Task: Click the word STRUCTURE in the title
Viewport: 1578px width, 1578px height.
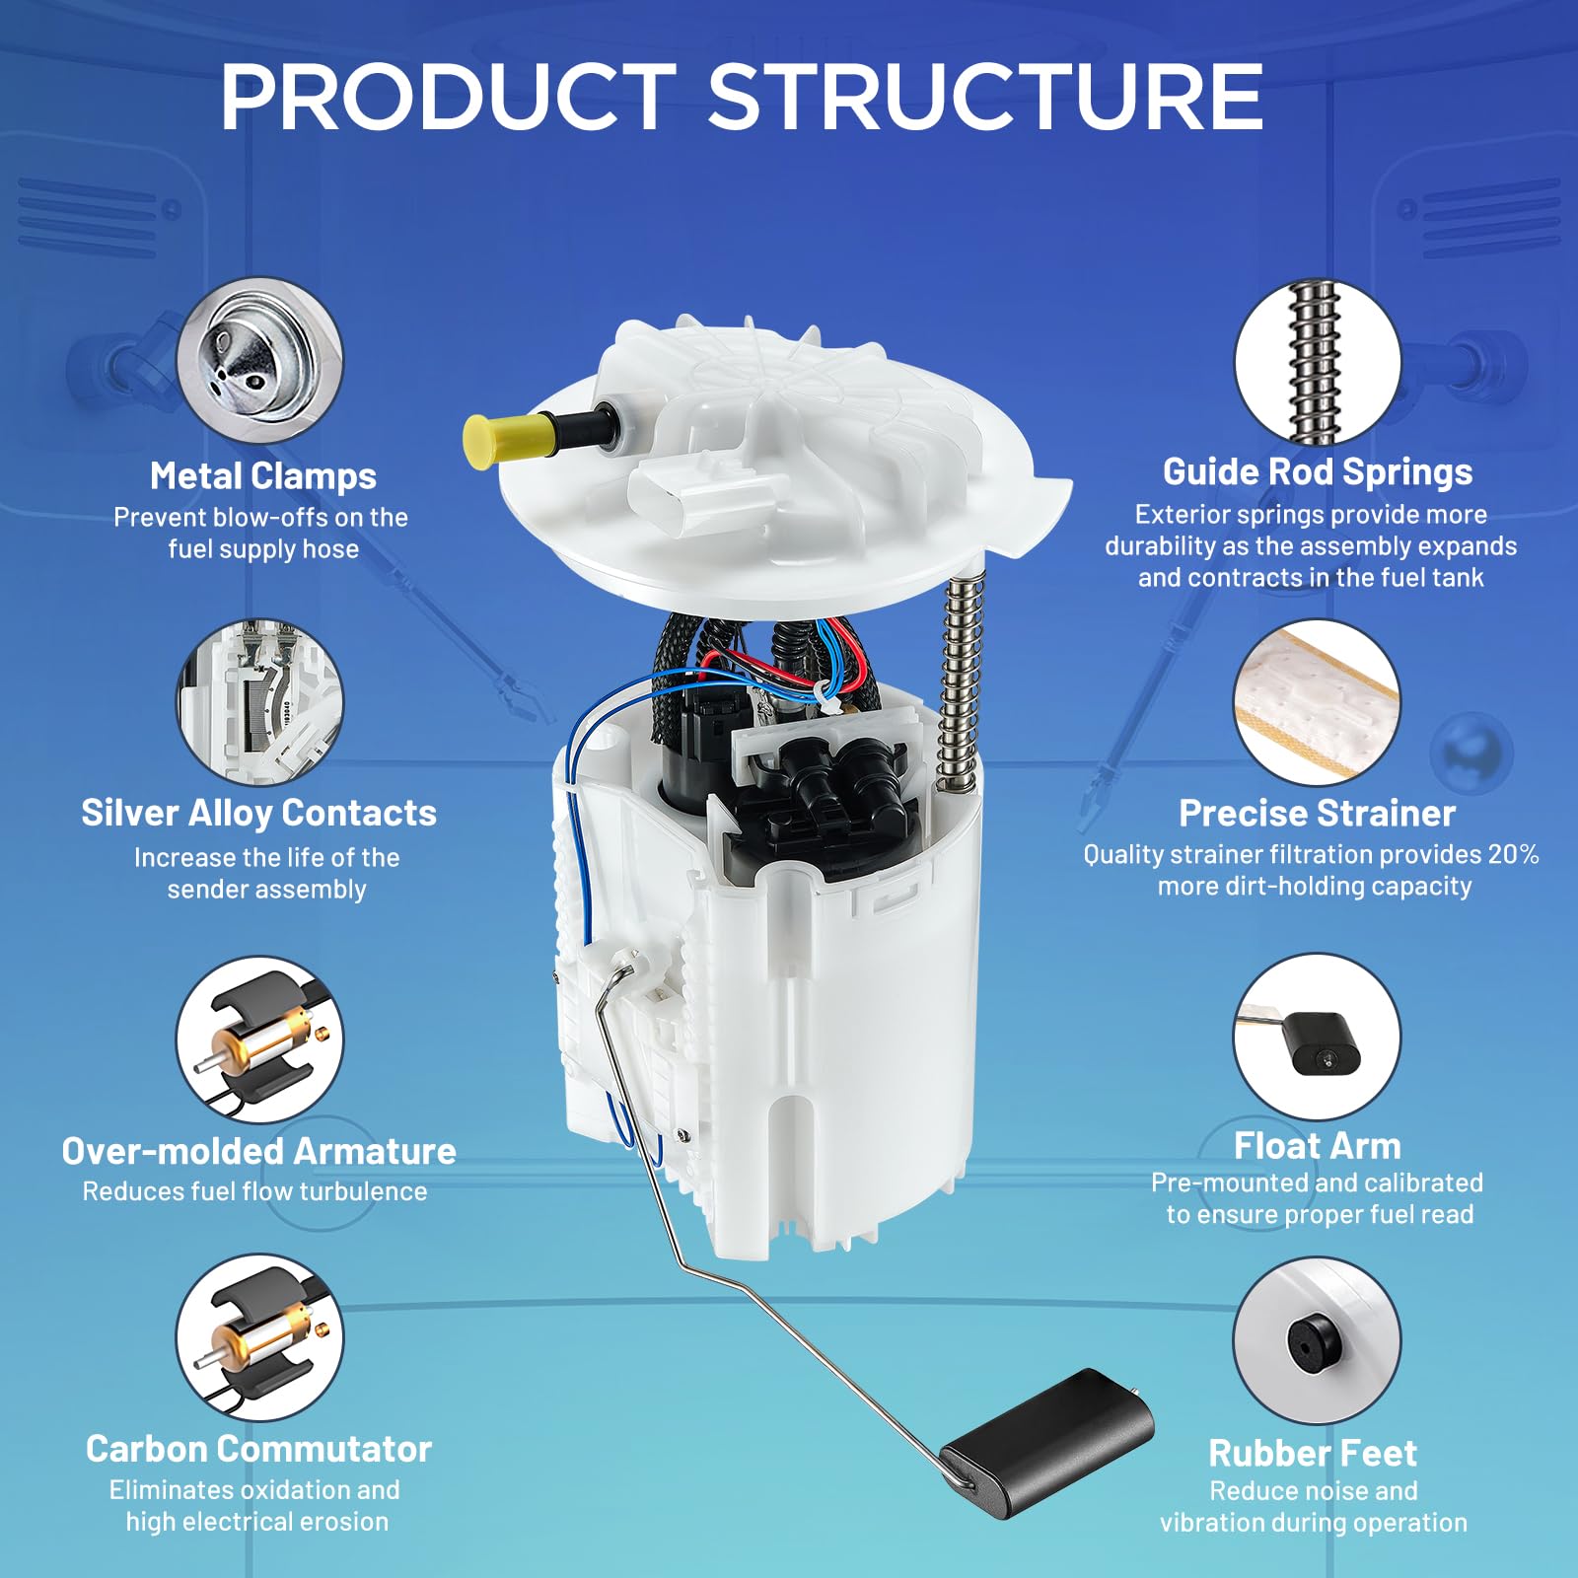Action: (985, 97)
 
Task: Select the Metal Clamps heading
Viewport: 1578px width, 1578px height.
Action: (263, 476)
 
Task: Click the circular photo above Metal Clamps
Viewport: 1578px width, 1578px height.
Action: (260, 360)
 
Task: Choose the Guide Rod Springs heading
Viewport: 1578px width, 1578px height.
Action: (1318, 472)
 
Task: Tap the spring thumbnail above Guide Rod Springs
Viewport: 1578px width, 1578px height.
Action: (1318, 362)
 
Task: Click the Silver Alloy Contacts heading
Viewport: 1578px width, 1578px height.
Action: (258, 814)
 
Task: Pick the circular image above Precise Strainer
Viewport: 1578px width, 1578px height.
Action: (1318, 702)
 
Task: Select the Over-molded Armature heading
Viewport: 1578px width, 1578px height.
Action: (258, 1151)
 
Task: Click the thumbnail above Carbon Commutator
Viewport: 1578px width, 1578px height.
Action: (260, 1338)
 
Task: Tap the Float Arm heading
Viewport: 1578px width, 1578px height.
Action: (1318, 1146)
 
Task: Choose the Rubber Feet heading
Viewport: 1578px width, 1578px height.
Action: (1313, 1454)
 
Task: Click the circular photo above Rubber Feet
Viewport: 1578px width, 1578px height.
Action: (1318, 1340)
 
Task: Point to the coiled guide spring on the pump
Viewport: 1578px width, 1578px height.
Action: (962, 681)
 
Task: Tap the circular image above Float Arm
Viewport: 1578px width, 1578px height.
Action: (1318, 1037)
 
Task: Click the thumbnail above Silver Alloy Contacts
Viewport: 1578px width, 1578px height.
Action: (260, 702)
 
